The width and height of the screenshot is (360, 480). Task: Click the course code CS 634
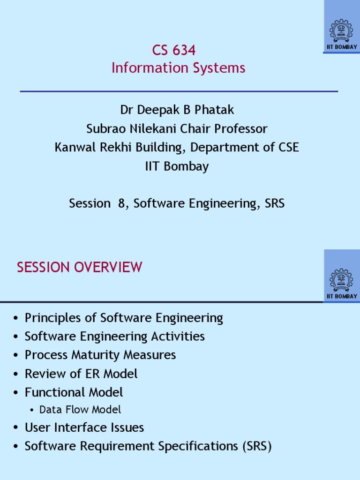pyautogui.click(x=174, y=50)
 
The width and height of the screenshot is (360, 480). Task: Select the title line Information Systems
pyautogui.click(x=178, y=68)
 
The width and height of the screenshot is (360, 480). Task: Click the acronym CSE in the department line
pyautogui.click(x=286, y=148)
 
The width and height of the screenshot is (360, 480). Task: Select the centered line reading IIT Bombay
pyautogui.click(x=177, y=166)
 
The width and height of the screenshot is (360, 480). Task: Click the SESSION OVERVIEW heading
pyautogui.click(x=79, y=268)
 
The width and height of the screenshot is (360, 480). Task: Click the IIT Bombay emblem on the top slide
pyautogui.click(x=342, y=30)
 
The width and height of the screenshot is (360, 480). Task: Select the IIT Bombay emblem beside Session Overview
pyautogui.click(x=342, y=280)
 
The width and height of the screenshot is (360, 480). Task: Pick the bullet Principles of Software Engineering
pyautogui.click(x=124, y=318)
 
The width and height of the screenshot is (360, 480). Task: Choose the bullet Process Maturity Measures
pyautogui.click(x=100, y=355)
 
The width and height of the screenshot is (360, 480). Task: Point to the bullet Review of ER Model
pyautogui.click(x=81, y=374)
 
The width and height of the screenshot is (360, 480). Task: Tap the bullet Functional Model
pyautogui.click(x=74, y=392)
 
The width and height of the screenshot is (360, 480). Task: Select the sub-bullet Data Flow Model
pyautogui.click(x=80, y=410)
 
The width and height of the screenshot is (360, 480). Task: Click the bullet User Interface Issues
pyautogui.click(x=84, y=427)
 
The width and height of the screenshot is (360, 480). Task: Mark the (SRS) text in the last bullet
pyautogui.click(x=257, y=446)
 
